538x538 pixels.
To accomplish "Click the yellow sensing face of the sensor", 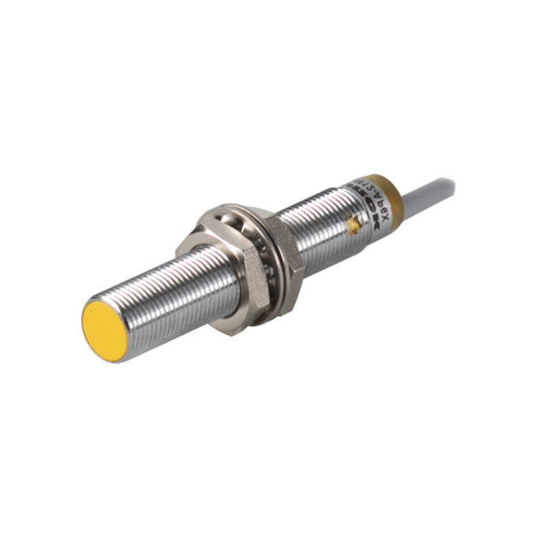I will pyautogui.click(x=104, y=330).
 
